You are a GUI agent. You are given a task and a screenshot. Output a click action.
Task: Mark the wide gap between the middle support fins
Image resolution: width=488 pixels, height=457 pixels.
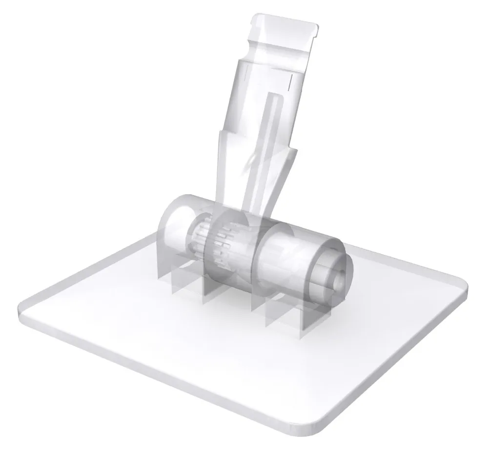[x=229, y=298]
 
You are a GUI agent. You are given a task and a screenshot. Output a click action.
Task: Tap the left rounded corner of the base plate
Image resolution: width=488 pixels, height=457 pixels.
[x=22, y=307]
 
